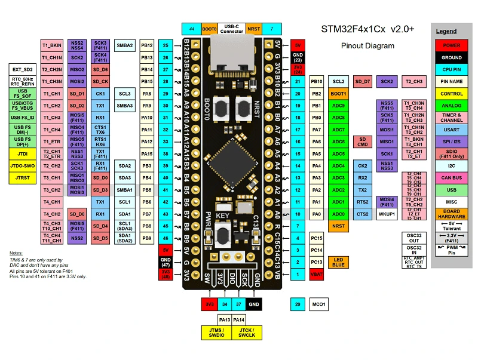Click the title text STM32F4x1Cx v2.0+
coord(368,29)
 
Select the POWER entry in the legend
coord(451,45)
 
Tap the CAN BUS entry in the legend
coord(451,178)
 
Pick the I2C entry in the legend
coord(451,165)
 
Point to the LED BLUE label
coord(338,262)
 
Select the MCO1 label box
coord(319,305)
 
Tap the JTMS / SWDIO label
coord(216,332)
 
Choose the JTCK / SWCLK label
coord(246,332)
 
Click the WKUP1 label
coord(388,214)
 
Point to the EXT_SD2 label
coord(23,69)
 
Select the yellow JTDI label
coord(23,153)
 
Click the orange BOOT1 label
coord(338,94)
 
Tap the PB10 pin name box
coord(317,81)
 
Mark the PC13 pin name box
coord(317,262)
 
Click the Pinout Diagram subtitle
coord(367,46)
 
